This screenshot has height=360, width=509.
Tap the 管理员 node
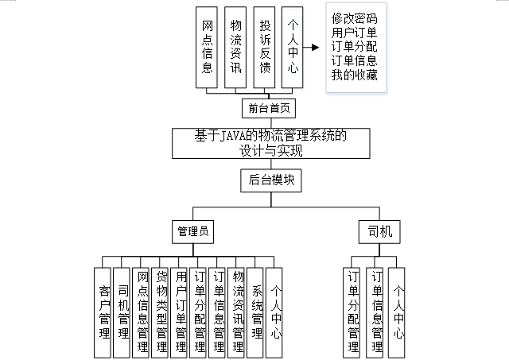pyautogui.click(x=192, y=232)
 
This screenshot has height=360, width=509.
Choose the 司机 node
pyautogui.click(x=379, y=232)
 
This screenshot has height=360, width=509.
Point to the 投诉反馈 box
pyautogui.click(x=265, y=47)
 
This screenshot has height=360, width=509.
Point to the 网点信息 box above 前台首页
pyautogui.click(x=208, y=47)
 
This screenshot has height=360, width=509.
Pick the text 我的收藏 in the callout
pyautogui.click(x=355, y=75)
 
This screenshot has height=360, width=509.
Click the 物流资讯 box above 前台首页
pyautogui.click(x=235, y=47)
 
